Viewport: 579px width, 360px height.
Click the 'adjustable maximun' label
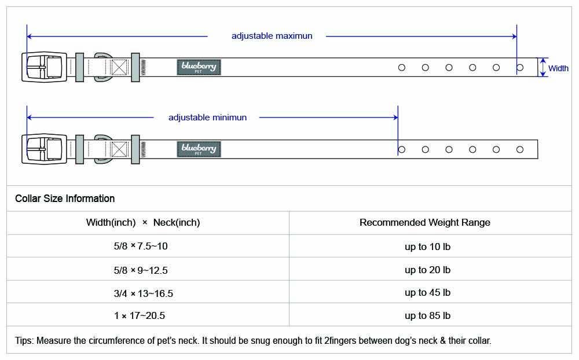pyautogui.click(x=272, y=36)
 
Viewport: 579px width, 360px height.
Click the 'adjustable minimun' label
pyautogui.click(x=207, y=117)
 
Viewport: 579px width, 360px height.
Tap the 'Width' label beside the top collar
pyautogui.click(x=558, y=68)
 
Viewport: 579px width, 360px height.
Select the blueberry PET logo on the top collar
pyautogui.click(x=199, y=67)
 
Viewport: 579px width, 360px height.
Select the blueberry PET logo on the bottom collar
pyautogui.click(x=199, y=149)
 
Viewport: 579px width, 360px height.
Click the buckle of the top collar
pyautogui.click(x=45, y=67)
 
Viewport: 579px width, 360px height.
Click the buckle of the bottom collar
pyautogui.click(x=45, y=149)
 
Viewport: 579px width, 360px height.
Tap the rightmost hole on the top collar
pyautogui.click(x=520, y=68)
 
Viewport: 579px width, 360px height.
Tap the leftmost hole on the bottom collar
pyautogui.click(x=402, y=149)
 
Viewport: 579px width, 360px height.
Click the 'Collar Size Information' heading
pyautogui.click(x=65, y=199)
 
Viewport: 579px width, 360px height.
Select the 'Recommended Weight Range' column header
pyautogui.click(x=425, y=222)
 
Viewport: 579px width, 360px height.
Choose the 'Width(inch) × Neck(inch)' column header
pyautogui.click(x=143, y=223)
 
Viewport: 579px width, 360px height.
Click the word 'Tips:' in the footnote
pyautogui.click(x=24, y=341)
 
